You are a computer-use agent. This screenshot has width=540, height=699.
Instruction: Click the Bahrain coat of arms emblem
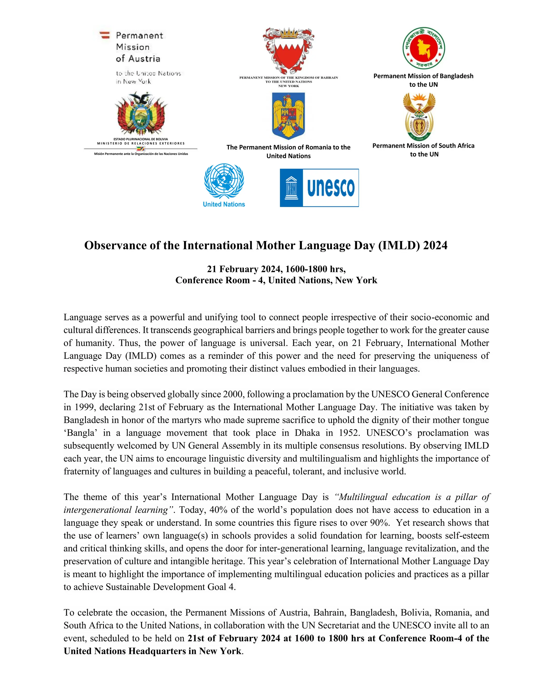click(288, 51)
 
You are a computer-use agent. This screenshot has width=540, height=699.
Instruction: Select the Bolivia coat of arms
click(141, 114)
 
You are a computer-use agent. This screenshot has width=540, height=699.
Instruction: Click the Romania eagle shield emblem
click(288, 116)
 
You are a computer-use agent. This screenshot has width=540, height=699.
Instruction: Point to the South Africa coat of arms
click(419, 117)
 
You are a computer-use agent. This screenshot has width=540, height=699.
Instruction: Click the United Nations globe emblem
click(224, 181)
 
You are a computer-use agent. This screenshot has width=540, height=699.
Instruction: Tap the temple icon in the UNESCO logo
click(291, 188)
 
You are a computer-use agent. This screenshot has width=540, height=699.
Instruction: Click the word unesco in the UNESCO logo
click(331, 188)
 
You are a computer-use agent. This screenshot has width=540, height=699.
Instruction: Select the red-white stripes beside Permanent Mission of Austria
click(105, 35)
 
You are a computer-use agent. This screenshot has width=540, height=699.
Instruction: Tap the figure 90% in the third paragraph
click(379, 523)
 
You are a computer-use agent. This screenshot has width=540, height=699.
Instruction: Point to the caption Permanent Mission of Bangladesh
click(423, 76)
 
